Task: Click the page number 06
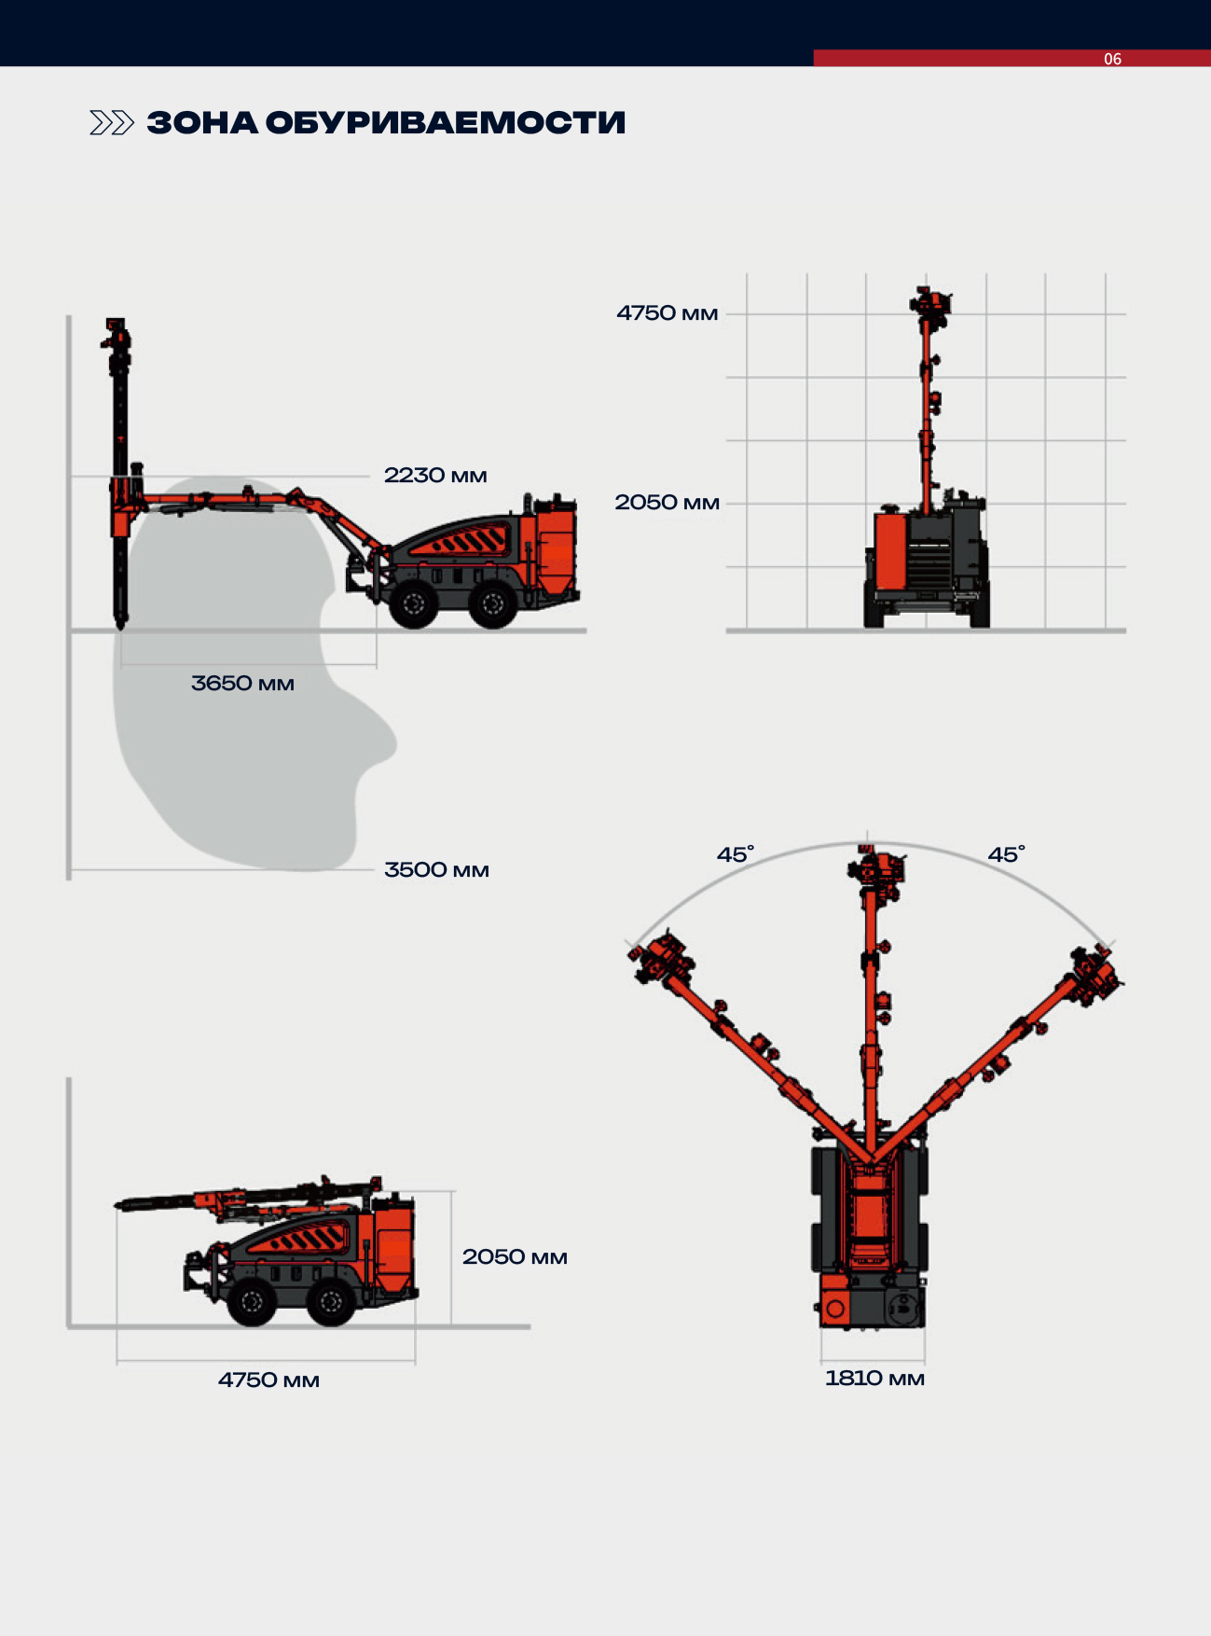(x=1112, y=59)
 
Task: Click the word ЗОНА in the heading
(x=201, y=123)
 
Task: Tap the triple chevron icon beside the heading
(x=112, y=123)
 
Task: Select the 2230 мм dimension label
(x=435, y=476)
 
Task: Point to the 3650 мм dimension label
(x=242, y=684)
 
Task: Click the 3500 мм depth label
(x=436, y=870)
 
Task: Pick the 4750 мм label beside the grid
(x=667, y=313)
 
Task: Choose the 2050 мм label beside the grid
(x=667, y=503)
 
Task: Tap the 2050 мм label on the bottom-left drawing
(x=515, y=1257)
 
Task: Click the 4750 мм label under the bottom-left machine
(x=268, y=1380)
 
